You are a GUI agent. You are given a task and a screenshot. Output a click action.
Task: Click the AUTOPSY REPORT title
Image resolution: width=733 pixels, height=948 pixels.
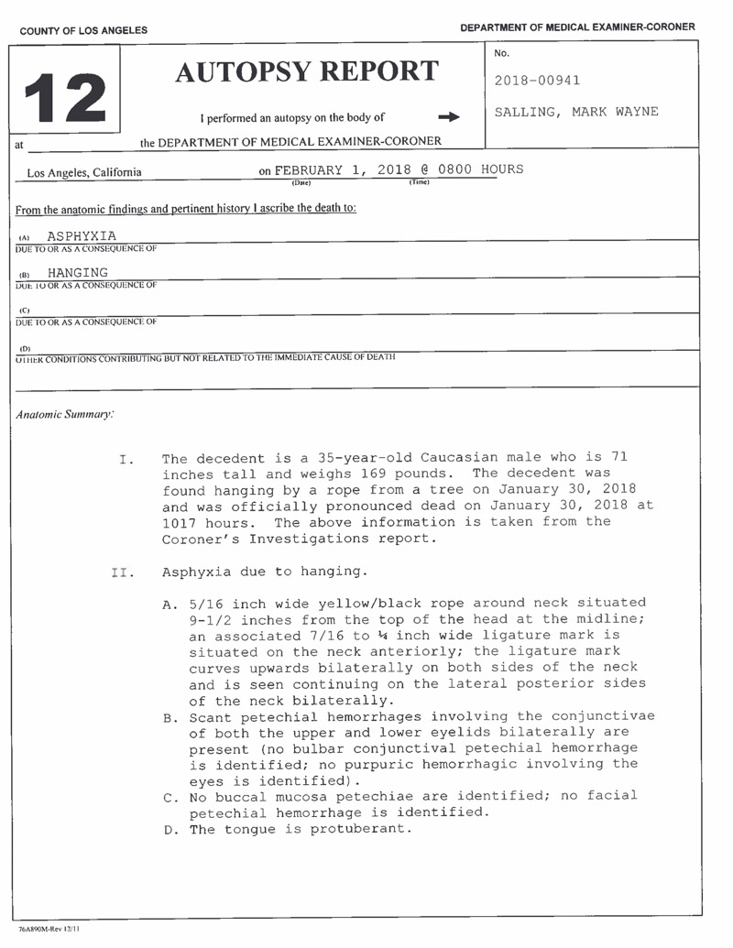click(306, 71)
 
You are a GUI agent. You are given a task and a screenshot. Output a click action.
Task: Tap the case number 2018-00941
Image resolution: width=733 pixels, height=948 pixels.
click(537, 81)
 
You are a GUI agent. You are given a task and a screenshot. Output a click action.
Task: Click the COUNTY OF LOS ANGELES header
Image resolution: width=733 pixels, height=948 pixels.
click(83, 30)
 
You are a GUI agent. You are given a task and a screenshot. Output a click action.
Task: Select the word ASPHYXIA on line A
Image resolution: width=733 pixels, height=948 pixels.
click(82, 237)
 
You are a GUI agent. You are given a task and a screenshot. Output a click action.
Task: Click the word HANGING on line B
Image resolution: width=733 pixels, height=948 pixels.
click(77, 272)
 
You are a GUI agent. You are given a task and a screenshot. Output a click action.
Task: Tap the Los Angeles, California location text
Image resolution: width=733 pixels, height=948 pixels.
click(84, 172)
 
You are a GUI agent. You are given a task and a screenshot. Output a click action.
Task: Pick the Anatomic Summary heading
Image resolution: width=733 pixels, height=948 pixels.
click(65, 414)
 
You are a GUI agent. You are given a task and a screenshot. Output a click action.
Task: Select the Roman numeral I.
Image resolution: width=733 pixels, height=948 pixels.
click(127, 459)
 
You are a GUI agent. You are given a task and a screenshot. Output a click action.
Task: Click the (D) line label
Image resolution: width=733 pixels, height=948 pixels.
click(25, 348)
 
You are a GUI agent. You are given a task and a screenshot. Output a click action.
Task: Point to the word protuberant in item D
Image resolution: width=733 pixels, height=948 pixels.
click(363, 830)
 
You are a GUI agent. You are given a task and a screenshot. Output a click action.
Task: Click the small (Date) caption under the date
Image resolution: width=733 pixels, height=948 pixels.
click(301, 182)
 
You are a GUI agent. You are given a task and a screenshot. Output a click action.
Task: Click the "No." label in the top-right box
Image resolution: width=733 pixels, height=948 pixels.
click(501, 54)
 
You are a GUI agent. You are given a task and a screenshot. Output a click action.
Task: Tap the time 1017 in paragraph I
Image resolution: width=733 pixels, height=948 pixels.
click(180, 522)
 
